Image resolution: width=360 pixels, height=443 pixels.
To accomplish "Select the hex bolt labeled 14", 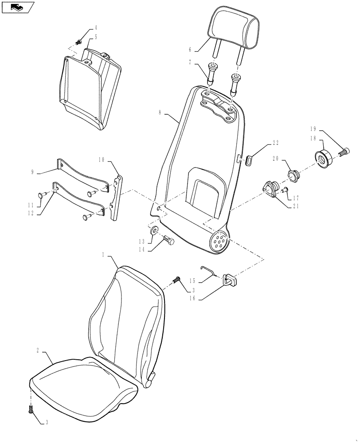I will pos(168,241).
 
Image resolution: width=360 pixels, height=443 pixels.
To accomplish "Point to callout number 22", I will pos(276,142).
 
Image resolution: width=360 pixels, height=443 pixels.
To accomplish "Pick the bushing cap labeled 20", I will pos(293,175).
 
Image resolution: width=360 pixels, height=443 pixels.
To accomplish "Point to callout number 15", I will pos(193,281).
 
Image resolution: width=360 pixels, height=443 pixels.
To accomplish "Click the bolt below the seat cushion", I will pos(31,410).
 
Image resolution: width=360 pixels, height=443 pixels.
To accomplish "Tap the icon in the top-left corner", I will pos(17,7).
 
